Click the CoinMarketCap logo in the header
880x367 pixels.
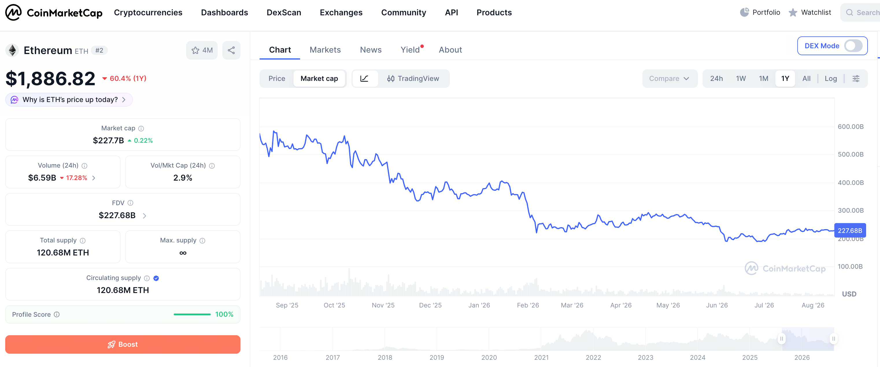click(54, 13)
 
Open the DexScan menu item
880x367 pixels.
click(284, 13)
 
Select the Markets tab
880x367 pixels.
click(325, 50)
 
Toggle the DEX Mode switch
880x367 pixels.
click(853, 46)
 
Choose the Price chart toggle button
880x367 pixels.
click(277, 79)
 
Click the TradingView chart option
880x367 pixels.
click(413, 79)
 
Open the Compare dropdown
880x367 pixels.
click(669, 79)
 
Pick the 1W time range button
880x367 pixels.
click(741, 79)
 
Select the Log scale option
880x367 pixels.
click(831, 79)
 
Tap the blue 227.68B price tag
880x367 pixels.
click(850, 230)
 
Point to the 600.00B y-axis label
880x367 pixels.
click(850, 127)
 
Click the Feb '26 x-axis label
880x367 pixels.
click(528, 305)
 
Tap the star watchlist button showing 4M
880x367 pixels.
click(202, 50)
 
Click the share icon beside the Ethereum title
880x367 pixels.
click(231, 50)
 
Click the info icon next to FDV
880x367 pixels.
click(130, 203)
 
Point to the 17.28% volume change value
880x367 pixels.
click(77, 178)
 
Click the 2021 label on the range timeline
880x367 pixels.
click(541, 357)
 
